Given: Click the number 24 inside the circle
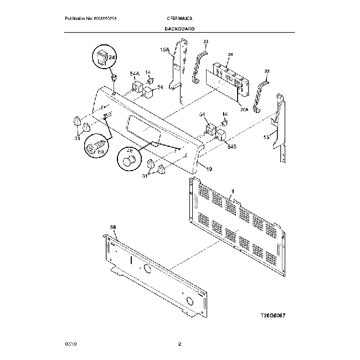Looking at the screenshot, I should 111,58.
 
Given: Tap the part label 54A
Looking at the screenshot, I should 135,74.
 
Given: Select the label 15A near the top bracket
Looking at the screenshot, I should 164,50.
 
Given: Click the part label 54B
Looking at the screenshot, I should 232,146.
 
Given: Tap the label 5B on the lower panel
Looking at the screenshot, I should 114,227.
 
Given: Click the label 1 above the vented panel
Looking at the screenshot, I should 233,191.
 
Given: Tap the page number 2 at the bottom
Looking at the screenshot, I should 179,345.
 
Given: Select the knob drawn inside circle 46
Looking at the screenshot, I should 130,161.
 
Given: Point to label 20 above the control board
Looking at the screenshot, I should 230,54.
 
